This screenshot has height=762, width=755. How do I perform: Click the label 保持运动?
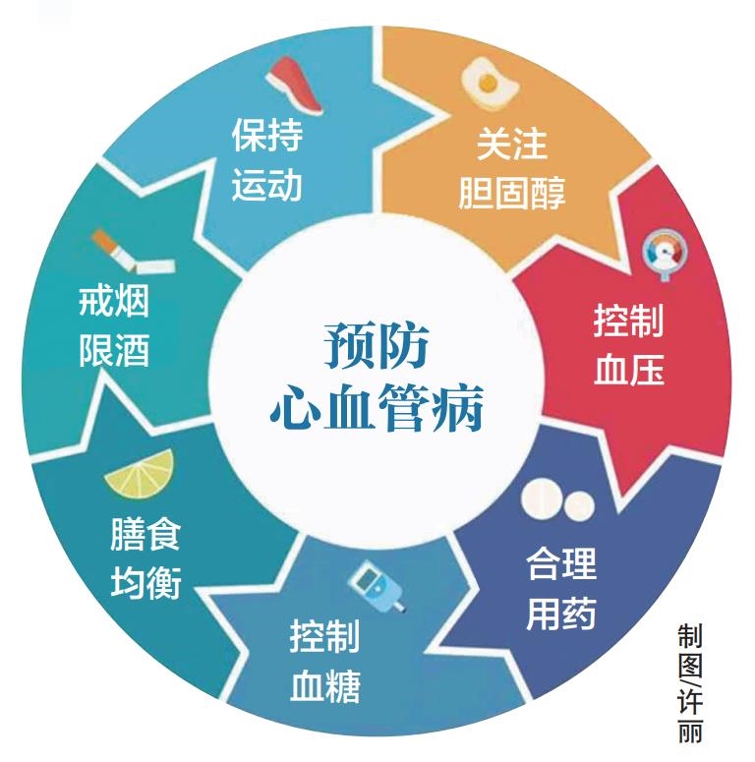point(267,159)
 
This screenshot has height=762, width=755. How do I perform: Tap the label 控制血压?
point(628,345)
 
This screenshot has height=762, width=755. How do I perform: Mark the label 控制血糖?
point(324,661)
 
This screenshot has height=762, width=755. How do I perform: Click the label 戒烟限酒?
point(115,326)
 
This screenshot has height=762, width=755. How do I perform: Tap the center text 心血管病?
point(377,406)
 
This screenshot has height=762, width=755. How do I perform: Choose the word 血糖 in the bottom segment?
point(324,685)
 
